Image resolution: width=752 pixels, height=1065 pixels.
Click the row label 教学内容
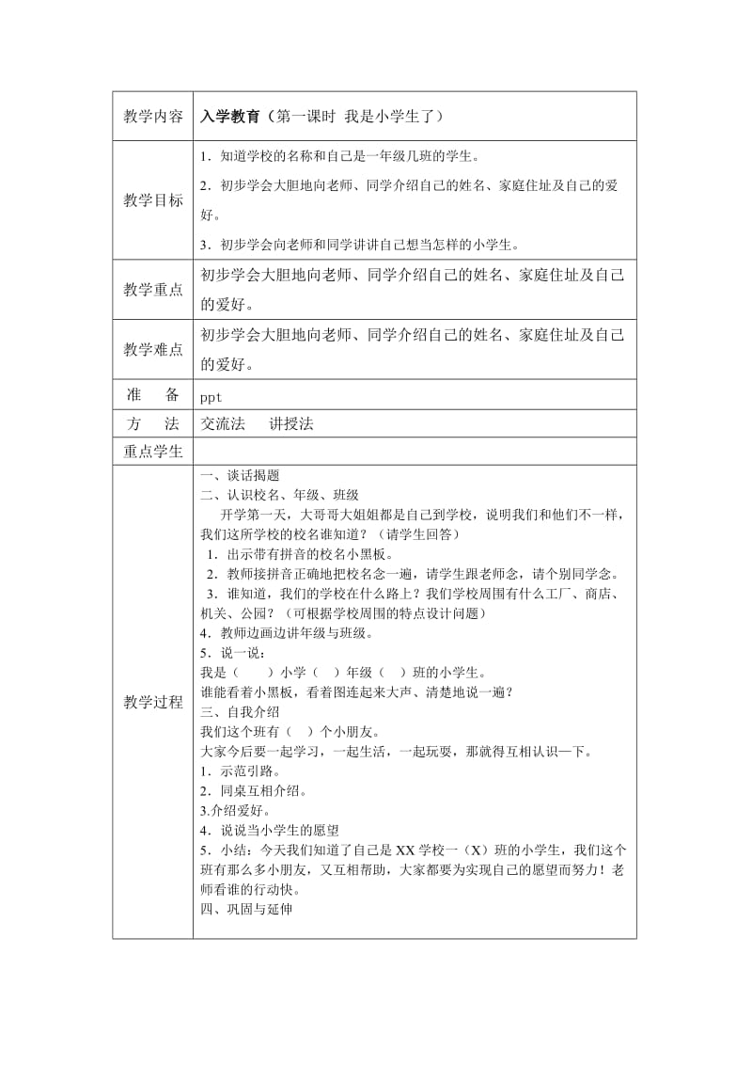[x=153, y=117]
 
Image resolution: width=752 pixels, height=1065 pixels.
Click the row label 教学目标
[x=153, y=200]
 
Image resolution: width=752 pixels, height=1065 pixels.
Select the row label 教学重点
[x=153, y=290]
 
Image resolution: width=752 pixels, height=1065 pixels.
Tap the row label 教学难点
[x=153, y=349]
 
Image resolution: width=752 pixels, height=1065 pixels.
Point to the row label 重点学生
[x=153, y=452]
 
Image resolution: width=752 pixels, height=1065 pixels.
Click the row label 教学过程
[x=153, y=702]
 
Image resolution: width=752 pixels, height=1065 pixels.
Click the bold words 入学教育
[x=230, y=117]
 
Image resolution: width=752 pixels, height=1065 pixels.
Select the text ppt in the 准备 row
[x=211, y=397]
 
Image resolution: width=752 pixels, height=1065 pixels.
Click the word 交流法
[x=223, y=424]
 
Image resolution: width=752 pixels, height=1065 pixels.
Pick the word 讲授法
[x=291, y=424]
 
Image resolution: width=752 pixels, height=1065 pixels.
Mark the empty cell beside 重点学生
[x=414, y=452]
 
